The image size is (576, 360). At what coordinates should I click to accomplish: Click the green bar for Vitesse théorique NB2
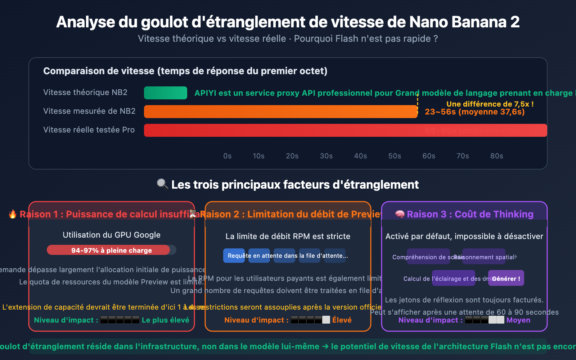pyautogui.click(x=166, y=93)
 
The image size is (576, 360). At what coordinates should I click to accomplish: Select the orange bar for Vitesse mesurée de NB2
pyautogui.click(x=281, y=112)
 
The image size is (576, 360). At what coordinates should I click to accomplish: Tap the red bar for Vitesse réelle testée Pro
pyautogui.click(x=346, y=130)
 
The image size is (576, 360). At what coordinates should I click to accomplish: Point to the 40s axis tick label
pyautogui.click(x=360, y=156)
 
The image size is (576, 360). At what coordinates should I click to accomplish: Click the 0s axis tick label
pyautogui.click(x=227, y=156)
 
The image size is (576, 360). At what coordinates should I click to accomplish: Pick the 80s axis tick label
pyautogui.click(x=496, y=156)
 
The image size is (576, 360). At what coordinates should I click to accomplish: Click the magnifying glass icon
pyautogui.click(x=162, y=184)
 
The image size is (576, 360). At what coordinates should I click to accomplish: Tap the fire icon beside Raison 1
pyautogui.click(x=13, y=214)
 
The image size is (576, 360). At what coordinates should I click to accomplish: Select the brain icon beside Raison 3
pyautogui.click(x=400, y=214)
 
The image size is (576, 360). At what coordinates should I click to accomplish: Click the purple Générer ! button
pyautogui.click(x=506, y=278)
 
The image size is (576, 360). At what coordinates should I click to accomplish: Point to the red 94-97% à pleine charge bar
pyautogui.click(x=108, y=250)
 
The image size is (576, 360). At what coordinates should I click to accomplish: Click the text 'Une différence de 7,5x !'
pyautogui.click(x=490, y=104)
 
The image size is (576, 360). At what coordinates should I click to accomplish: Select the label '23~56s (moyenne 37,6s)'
pyautogui.click(x=474, y=112)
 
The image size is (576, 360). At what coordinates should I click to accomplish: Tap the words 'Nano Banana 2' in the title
pyautogui.click(x=464, y=22)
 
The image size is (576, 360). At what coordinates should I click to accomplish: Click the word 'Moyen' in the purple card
pyautogui.click(x=518, y=320)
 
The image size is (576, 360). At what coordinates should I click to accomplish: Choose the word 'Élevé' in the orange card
pyautogui.click(x=342, y=320)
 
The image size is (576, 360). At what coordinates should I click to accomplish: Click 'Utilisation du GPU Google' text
pyautogui.click(x=112, y=235)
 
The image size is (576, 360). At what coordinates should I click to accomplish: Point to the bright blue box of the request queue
pyautogui.click(x=234, y=256)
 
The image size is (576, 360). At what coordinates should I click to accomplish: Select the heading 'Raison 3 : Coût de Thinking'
pyautogui.click(x=470, y=214)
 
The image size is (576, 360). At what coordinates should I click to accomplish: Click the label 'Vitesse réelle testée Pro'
pyautogui.click(x=89, y=130)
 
